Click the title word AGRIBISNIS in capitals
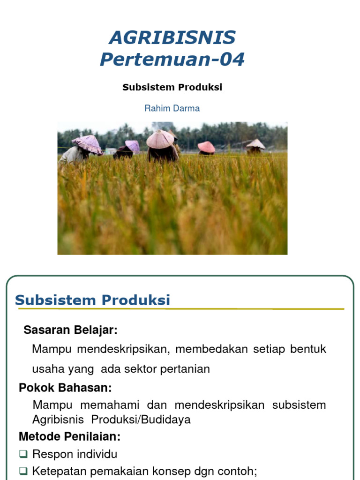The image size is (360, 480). [172, 37]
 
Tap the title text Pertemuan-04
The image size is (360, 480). [172, 60]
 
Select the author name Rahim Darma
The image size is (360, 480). [172, 108]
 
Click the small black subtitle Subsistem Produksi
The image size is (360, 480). [172, 87]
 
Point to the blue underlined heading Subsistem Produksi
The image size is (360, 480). [92, 300]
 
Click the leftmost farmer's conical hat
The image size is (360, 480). [87, 143]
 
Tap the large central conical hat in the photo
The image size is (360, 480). [160, 139]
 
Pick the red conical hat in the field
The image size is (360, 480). [206, 147]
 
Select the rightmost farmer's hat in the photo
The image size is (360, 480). [255, 144]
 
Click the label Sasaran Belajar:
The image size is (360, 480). [70, 330]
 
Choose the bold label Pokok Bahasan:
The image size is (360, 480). [65, 388]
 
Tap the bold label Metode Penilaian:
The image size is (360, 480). [69, 436]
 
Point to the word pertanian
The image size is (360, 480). [185, 369]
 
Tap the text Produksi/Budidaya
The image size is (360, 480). [141, 419]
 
